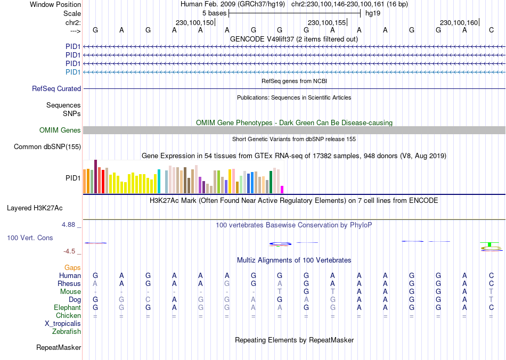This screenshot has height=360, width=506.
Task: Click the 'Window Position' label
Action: [55, 4]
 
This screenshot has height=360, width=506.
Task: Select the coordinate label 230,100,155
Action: [327, 22]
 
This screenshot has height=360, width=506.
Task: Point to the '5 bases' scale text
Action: [214, 13]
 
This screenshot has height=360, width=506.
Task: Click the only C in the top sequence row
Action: [491, 30]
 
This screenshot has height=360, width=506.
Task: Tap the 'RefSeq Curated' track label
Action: [56, 89]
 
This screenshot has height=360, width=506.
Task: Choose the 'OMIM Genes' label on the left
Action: [60, 130]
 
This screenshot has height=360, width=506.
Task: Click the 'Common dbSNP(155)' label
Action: [47, 147]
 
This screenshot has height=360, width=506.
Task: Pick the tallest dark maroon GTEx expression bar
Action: [95, 176]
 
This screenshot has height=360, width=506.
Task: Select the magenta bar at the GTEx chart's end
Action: [282, 190]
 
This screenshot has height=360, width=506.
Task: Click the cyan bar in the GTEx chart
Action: [159, 181]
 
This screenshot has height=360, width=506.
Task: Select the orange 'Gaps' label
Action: [72, 268]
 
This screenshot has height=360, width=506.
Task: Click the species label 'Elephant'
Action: [67, 308]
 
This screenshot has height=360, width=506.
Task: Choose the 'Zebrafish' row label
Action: [67, 332]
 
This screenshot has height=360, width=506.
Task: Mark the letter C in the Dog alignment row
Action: [148, 300]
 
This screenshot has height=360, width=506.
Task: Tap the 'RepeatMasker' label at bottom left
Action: [59, 348]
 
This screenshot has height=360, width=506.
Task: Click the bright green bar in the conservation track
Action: [488, 245]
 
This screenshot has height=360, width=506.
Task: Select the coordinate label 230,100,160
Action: [459, 22]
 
